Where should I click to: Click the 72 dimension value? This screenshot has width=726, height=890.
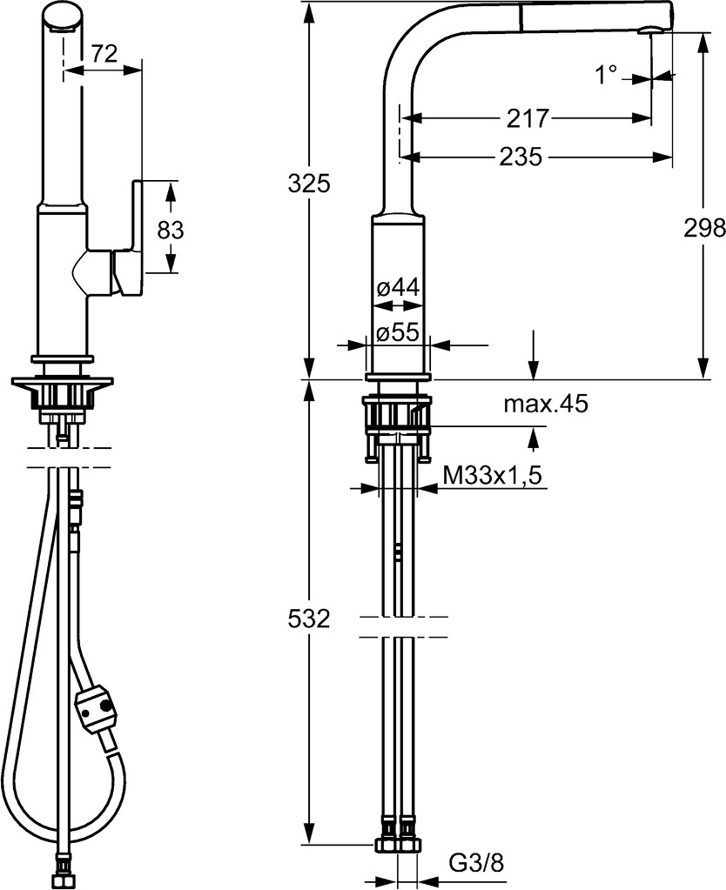pyautogui.click(x=104, y=53)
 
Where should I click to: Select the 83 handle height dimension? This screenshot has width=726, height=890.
pyautogui.click(x=171, y=231)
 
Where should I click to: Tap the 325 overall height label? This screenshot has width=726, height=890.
pyautogui.click(x=309, y=184)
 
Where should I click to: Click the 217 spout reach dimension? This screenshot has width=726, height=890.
pyautogui.click(x=528, y=118)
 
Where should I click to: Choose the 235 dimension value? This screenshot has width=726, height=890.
pyautogui.click(x=521, y=157)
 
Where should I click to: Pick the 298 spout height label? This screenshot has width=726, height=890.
pyautogui.click(x=704, y=228)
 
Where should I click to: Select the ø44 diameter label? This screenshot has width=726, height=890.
pyautogui.click(x=398, y=288)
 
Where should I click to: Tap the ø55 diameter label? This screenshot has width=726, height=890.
pyautogui.click(x=398, y=331)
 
